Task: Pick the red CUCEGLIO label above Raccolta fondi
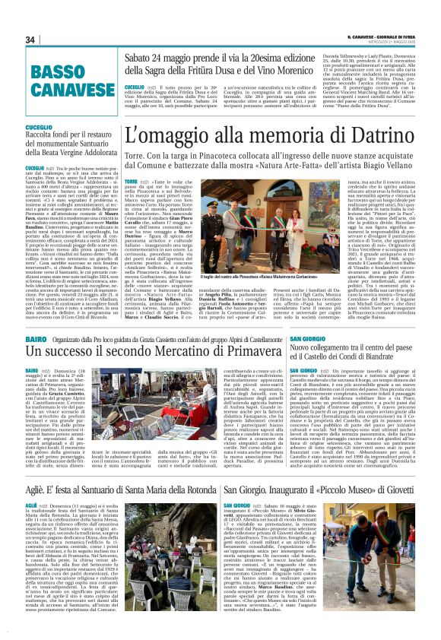point(39,127)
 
